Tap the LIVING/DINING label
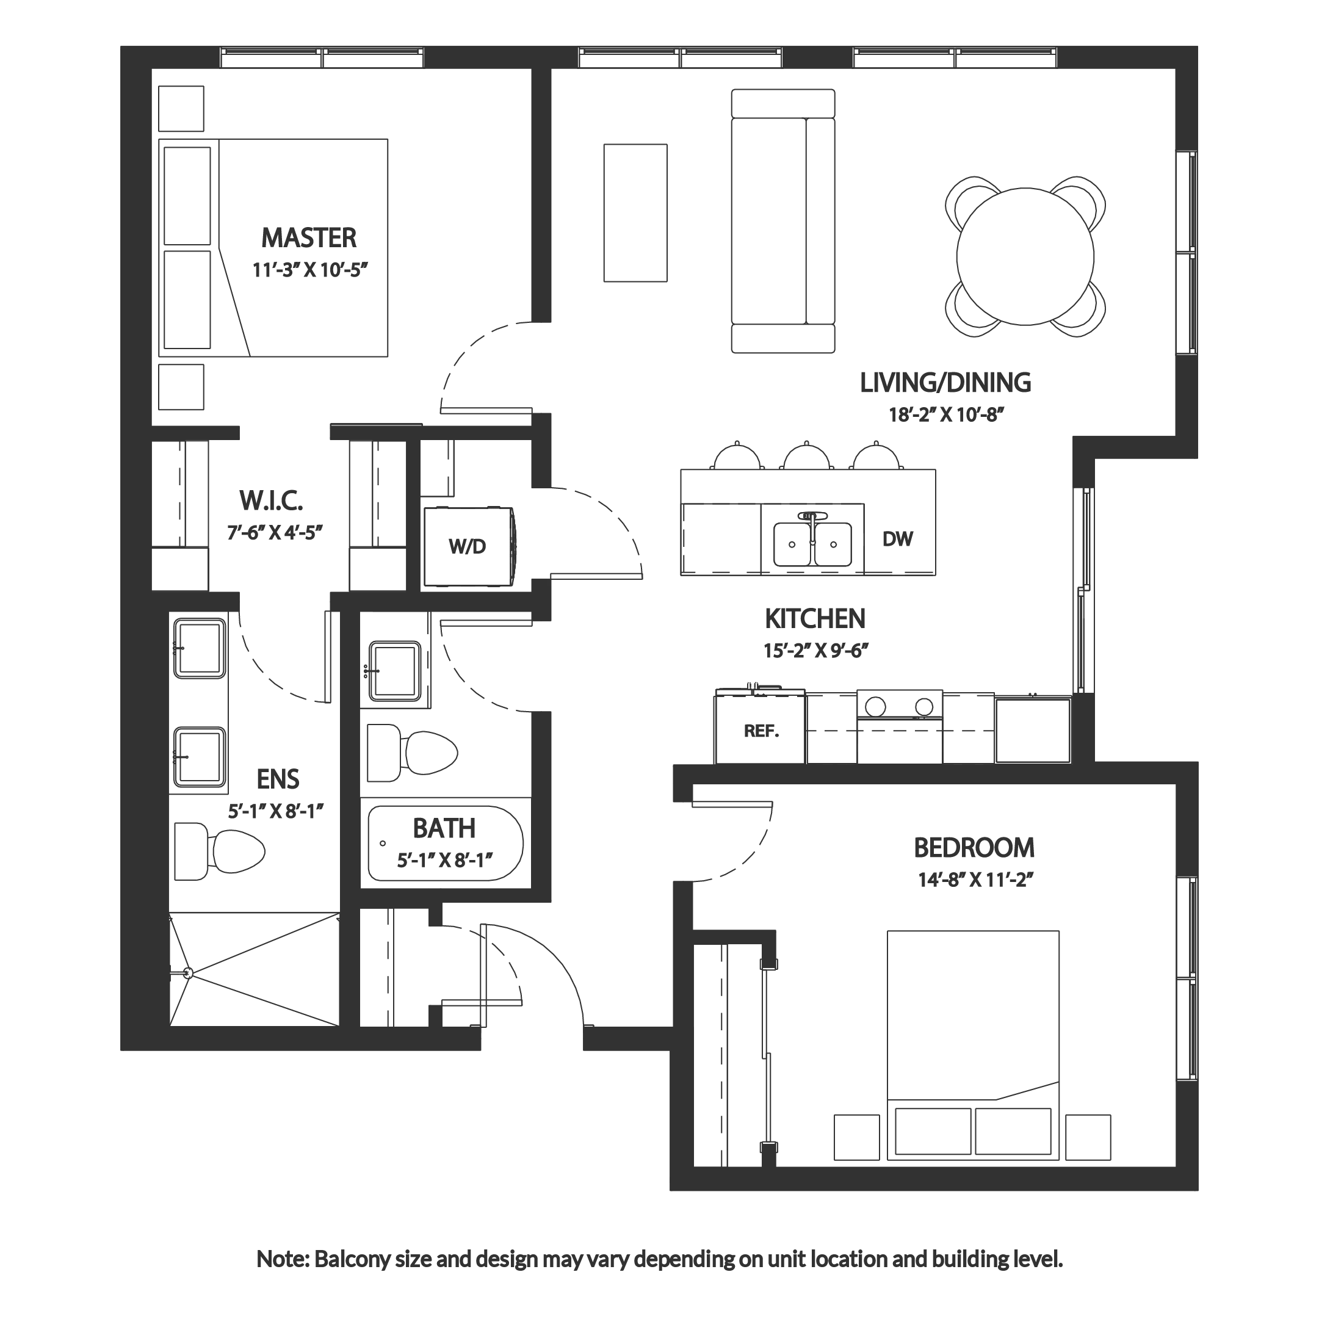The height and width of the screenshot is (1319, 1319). (x=946, y=384)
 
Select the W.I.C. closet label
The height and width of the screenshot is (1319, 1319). (x=270, y=502)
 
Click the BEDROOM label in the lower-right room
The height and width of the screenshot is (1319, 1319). (x=974, y=847)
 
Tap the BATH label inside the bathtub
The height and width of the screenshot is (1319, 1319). (x=444, y=829)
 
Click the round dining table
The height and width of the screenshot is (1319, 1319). (x=1024, y=256)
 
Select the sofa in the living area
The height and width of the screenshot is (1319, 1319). (x=783, y=222)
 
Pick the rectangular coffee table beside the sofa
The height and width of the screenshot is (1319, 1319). (x=634, y=212)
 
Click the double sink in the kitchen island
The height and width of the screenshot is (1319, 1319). (x=812, y=543)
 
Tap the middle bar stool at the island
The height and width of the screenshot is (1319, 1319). (x=806, y=456)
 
